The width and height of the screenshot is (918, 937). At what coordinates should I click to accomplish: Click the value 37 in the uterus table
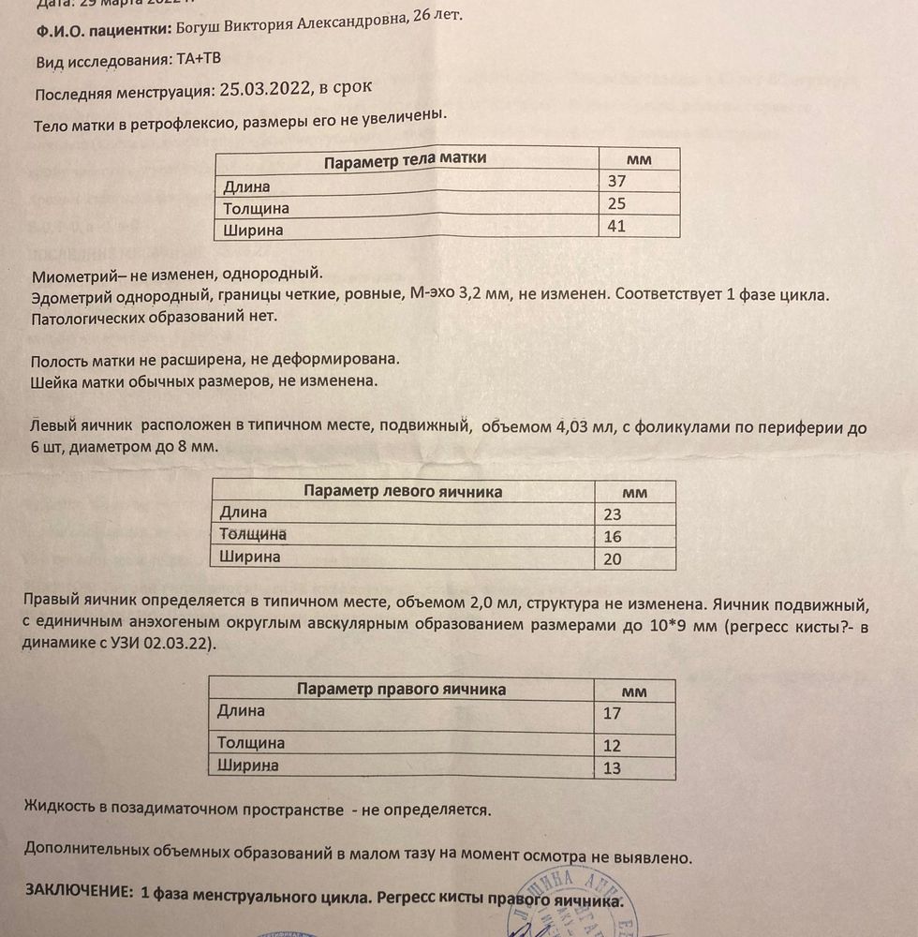615,182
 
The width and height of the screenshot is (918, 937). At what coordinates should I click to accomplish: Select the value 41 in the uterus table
616,226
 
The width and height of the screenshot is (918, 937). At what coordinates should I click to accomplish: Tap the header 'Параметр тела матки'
405,159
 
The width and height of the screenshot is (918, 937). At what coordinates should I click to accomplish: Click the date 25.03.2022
264,89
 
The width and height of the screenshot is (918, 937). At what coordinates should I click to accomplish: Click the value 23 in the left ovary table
612,513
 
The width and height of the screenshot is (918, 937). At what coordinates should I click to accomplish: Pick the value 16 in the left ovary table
612,537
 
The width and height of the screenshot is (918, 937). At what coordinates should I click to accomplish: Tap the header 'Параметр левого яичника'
403,491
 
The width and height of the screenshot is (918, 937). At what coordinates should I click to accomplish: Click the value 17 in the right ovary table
612,713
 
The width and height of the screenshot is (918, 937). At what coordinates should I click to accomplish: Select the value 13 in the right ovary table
612,768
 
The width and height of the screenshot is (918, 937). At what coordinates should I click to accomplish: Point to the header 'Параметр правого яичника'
401,690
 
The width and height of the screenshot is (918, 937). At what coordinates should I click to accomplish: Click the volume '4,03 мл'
582,428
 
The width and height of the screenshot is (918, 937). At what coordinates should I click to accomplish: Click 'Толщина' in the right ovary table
251,743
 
